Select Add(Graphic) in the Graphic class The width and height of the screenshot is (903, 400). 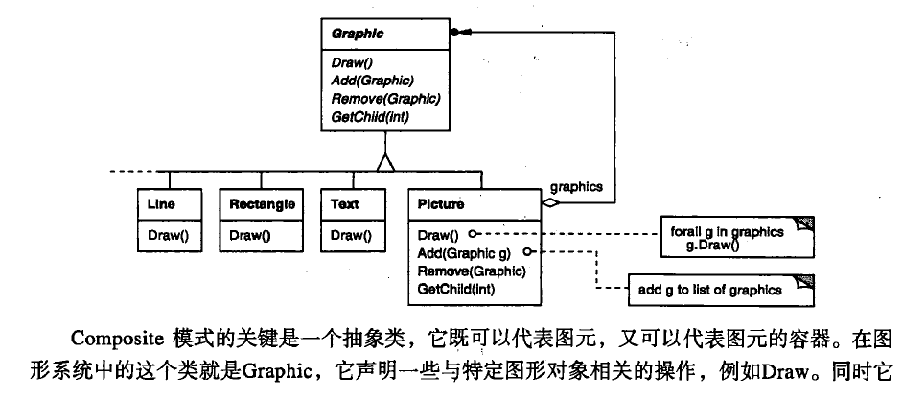pos(373,80)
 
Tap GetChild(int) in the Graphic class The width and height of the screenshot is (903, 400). pos(370,117)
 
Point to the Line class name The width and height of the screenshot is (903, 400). pos(162,204)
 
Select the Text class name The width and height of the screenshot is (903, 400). pos(345,204)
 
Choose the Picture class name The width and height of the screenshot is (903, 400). pos(442,204)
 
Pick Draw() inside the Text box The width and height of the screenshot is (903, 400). pos(351,234)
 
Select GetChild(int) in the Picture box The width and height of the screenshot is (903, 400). pos(454,288)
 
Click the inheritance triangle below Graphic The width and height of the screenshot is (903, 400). pos(386,162)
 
